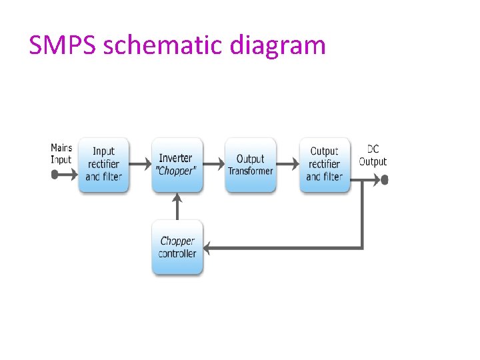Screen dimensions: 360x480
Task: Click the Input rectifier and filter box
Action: [x=103, y=165]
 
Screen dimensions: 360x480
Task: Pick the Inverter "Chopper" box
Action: [x=177, y=165]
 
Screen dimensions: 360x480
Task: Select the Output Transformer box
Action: [x=250, y=165]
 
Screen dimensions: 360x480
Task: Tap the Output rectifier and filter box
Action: [x=325, y=165]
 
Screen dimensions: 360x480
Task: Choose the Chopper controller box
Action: [x=177, y=247]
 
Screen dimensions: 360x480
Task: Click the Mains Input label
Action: [x=61, y=153]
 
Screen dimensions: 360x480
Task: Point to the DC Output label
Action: [x=373, y=155]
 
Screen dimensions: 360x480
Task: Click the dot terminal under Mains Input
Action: [x=55, y=175]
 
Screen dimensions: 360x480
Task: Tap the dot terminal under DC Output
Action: [x=384, y=179]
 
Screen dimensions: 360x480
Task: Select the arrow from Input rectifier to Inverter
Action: [x=140, y=163]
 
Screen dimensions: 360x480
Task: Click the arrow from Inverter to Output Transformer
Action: [x=213, y=163]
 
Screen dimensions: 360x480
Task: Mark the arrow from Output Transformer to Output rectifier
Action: [x=287, y=163]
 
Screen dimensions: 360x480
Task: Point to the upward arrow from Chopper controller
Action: [x=177, y=207]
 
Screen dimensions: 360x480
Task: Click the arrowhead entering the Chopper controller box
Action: [x=207, y=248]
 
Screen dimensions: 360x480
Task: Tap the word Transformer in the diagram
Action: [x=250, y=171]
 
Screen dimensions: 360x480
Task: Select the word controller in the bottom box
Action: [x=177, y=254]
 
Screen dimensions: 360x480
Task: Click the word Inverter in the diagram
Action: [x=175, y=158]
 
